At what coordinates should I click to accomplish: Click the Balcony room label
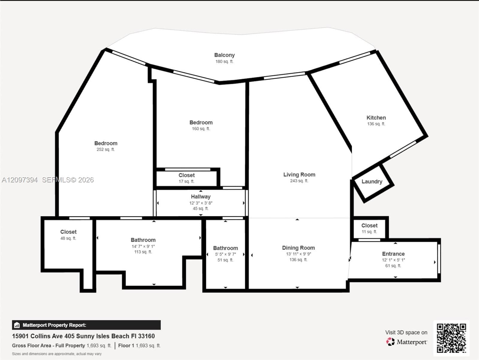click(x=224, y=55)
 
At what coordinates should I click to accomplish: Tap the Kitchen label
click(x=376, y=118)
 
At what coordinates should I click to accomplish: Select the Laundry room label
click(x=372, y=181)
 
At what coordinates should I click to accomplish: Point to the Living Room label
click(x=299, y=174)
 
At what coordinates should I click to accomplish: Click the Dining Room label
click(x=298, y=248)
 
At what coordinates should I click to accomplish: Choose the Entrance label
click(x=393, y=254)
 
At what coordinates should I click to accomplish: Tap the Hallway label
click(x=201, y=196)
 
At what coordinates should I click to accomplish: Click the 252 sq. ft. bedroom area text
click(x=106, y=149)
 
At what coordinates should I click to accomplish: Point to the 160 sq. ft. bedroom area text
click(x=201, y=129)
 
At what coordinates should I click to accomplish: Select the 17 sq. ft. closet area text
click(x=186, y=181)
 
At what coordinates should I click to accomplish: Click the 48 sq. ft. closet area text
click(x=68, y=238)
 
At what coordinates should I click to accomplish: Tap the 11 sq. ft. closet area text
click(x=369, y=232)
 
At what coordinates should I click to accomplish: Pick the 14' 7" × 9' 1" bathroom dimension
click(x=143, y=246)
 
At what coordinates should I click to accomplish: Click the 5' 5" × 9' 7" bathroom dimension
click(x=225, y=254)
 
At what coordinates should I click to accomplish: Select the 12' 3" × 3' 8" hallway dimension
click(x=201, y=203)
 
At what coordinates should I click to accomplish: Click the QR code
click(x=451, y=338)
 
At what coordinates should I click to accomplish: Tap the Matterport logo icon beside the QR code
click(x=390, y=342)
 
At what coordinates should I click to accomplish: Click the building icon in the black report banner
click(x=17, y=325)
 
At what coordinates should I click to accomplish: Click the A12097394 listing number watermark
click(x=20, y=180)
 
